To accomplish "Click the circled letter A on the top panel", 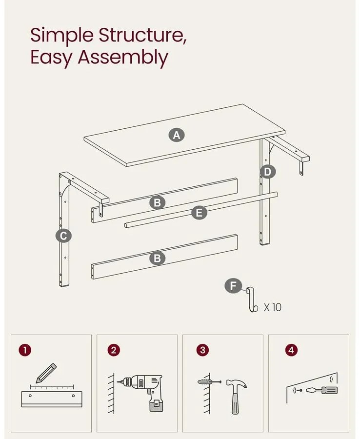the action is [x=177, y=135].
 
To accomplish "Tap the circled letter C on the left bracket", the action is [x=63, y=236].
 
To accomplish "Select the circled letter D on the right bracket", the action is [x=268, y=172].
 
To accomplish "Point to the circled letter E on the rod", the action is [x=199, y=213].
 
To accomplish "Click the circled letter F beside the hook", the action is [x=233, y=286].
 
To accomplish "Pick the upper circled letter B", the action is [x=158, y=202].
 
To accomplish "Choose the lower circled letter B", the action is [x=158, y=258].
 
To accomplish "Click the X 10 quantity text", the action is [x=273, y=307].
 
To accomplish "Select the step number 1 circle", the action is [x=25, y=350].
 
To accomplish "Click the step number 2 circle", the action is [x=114, y=350].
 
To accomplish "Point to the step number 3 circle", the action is [x=202, y=350].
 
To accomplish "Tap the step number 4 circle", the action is [x=291, y=350].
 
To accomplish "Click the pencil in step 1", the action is [x=46, y=373].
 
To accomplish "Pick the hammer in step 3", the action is [x=236, y=396].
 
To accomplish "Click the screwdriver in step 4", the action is [x=322, y=390].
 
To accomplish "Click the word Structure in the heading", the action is [x=142, y=35].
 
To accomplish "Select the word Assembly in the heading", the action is [x=123, y=58].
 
